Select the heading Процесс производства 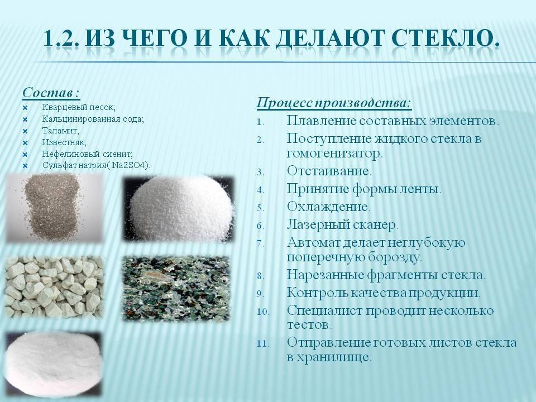pos(334,103)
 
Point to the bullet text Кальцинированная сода pos(93,119)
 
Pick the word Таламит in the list pos(60,131)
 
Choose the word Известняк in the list pos(64,142)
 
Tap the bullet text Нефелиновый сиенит pos(87,154)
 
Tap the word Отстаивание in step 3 pos(329,170)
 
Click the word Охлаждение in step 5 pos(328,207)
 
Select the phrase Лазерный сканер pos(342,225)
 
